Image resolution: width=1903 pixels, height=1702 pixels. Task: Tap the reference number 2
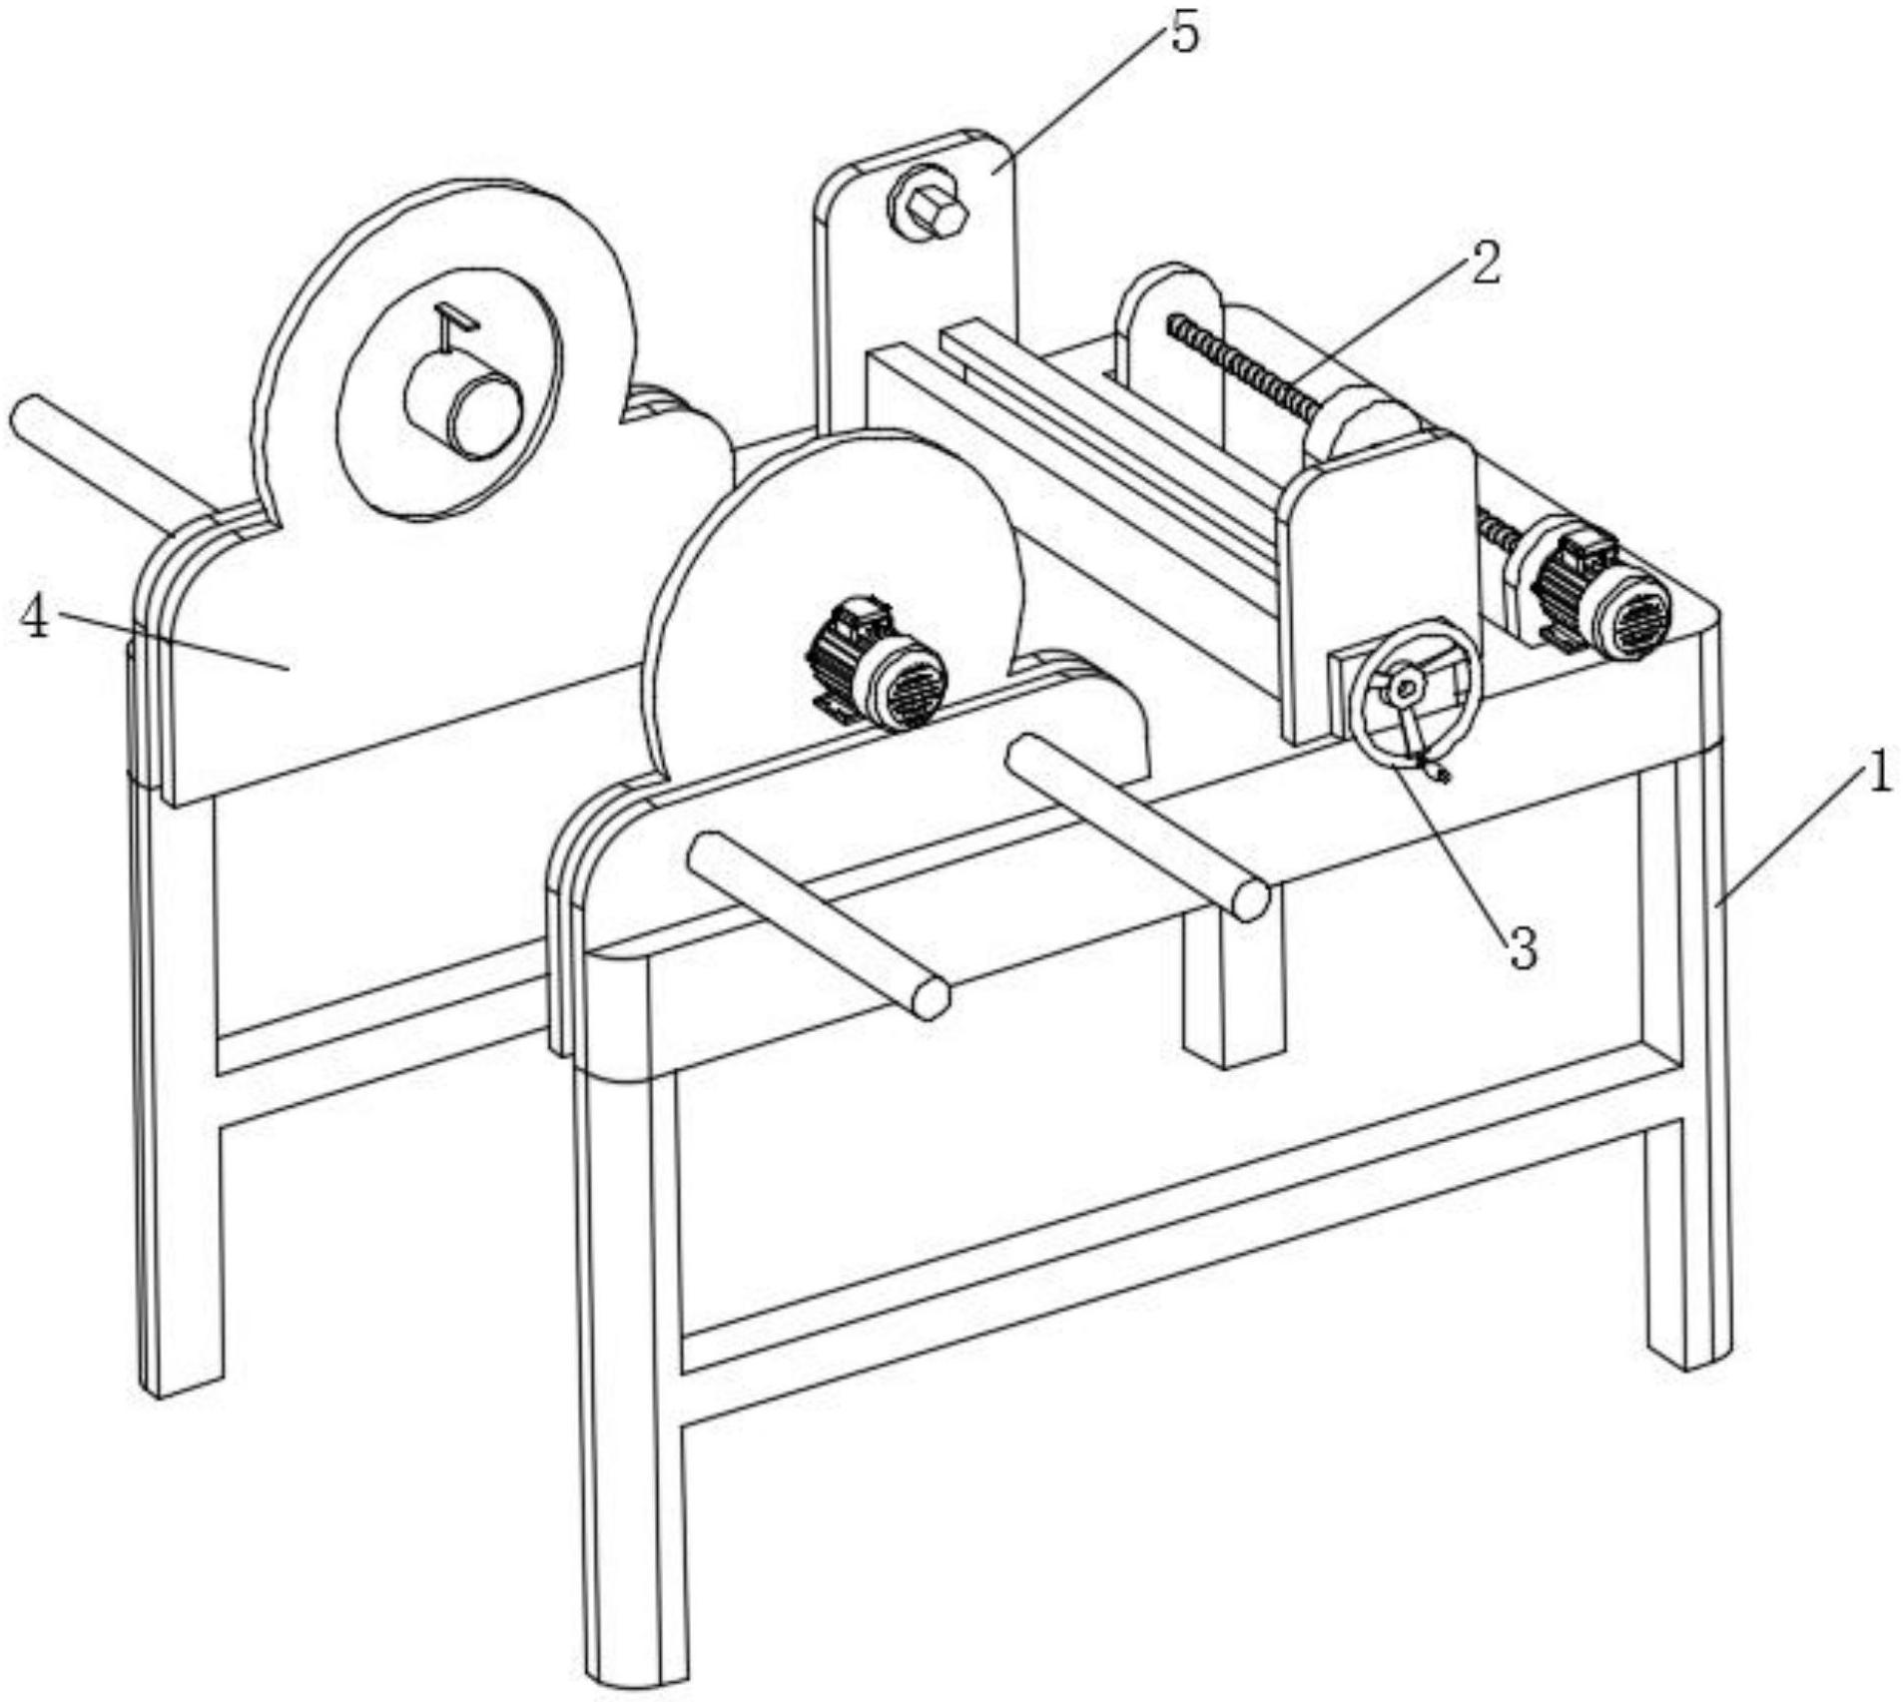tap(1484, 264)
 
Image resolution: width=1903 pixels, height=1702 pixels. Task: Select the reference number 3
tap(1522, 947)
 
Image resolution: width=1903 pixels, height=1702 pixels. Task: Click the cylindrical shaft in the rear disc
tap(465, 399)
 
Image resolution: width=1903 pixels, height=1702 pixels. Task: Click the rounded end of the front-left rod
tap(930, 999)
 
